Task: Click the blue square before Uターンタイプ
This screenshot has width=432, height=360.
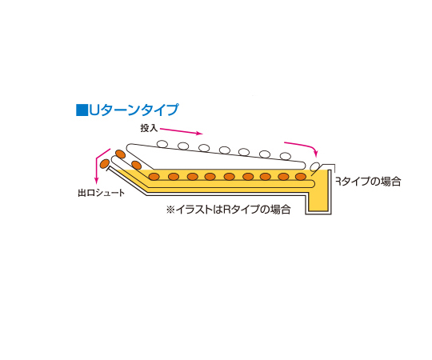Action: point(82,110)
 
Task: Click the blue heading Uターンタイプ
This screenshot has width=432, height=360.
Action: point(134,110)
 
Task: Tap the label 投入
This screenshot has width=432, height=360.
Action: point(149,128)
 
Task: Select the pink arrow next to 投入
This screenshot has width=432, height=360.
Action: point(182,131)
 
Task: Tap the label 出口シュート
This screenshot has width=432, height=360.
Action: point(101,193)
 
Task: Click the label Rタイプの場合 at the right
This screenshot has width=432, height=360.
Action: point(368,182)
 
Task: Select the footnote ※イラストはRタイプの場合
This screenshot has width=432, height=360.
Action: point(228,210)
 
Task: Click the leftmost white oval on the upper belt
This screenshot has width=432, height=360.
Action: point(162,144)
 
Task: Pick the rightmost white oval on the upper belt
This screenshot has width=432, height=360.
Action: point(286,156)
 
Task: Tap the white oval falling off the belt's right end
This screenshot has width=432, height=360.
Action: point(314,166)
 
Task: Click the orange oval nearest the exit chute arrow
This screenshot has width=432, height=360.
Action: point(105,164)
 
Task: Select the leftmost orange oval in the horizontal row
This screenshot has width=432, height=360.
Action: point(154,177)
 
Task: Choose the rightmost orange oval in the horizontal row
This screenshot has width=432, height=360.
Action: point(301,176)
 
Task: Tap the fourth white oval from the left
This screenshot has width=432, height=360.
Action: point(225,150)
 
